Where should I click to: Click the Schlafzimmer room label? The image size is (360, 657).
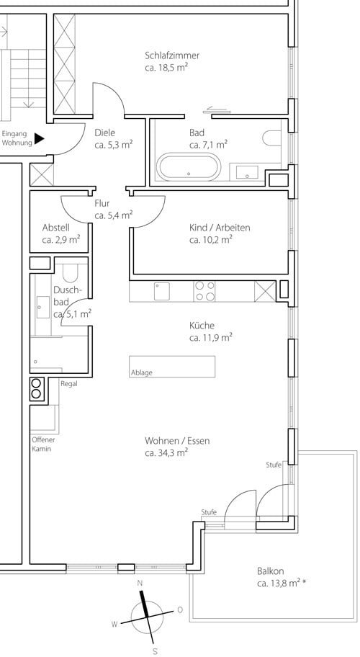[172, 55]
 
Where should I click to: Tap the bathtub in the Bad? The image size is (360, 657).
[189, 166]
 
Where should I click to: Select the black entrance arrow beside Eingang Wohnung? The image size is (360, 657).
[40, 139]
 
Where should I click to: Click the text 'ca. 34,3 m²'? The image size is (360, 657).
[166, 452]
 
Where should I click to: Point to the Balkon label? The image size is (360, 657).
[271, 571]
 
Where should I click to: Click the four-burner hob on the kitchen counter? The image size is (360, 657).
[204, 291]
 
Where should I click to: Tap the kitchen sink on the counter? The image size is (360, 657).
[161, 291]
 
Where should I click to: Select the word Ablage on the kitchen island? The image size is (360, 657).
[142, 372]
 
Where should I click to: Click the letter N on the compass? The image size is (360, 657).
[140, 584]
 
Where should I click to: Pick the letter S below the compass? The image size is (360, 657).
[155, 651]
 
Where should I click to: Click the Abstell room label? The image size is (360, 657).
[55, 228]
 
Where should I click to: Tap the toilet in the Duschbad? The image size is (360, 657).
[70, 273]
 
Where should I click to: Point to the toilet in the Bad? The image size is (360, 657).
[272, 138]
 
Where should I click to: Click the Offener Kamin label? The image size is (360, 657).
[43, 444]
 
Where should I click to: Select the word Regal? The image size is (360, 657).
[68, 383]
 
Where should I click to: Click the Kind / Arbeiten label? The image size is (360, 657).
[220, 228]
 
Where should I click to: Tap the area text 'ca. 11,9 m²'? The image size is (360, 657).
[210, 338]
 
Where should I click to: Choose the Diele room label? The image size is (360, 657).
[104, 133]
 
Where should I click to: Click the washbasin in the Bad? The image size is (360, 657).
[246, 171]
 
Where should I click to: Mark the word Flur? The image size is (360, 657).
[102, 204]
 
